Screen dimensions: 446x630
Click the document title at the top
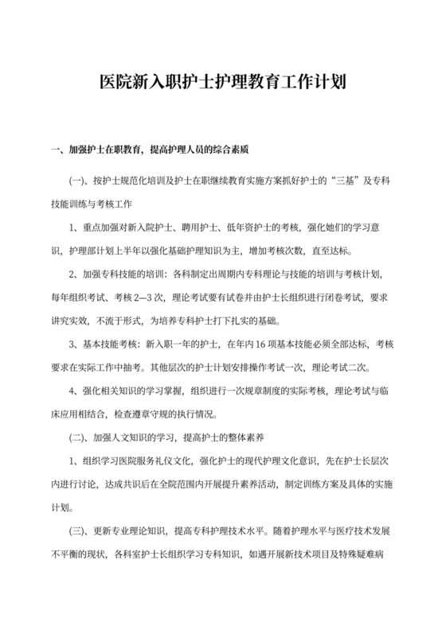tap(223, 83)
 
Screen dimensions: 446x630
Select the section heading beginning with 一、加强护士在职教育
tap(151, 149)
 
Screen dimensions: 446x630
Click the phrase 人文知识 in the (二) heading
tap(134, 438)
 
